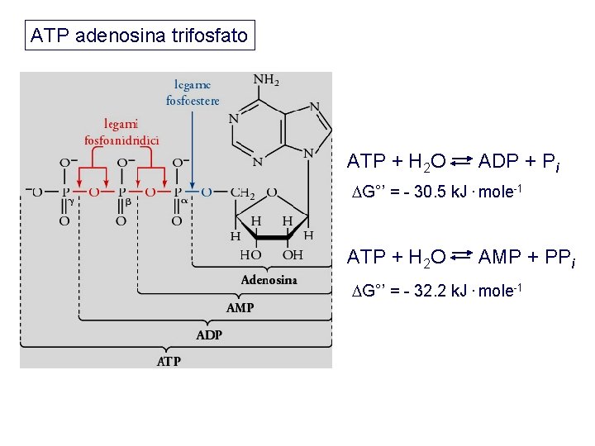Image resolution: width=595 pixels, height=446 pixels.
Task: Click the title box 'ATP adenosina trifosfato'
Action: pos(139,36)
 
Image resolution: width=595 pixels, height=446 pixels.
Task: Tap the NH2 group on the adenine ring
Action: pos(265,81)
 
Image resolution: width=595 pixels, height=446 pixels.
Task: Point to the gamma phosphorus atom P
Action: pos(65,192)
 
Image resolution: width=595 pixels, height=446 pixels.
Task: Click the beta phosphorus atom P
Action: pos(121,192)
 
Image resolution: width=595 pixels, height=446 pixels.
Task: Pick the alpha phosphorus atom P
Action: pos(177,192)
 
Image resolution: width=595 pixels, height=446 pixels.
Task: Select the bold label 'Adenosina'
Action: pos(269,280)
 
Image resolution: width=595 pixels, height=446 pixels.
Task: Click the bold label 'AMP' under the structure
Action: pos(240,308)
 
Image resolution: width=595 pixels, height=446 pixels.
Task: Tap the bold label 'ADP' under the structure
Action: pos(208,335)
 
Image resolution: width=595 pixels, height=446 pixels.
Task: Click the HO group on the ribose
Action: pos(250,256)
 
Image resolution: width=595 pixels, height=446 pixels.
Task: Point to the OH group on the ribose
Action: pos(293,256)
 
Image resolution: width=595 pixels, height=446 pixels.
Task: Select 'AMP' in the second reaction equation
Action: pos(499,258)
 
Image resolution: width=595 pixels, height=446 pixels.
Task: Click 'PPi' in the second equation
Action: pos(557,259)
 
